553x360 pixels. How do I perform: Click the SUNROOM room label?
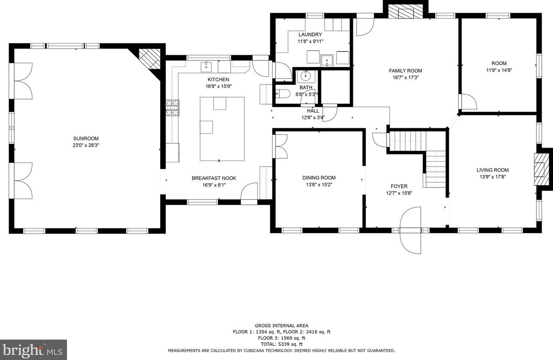[x=86, y=139]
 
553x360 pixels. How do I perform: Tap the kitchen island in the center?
[x=222, y=129]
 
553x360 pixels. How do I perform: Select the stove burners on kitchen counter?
[x=172, y=108]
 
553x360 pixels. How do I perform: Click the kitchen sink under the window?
[x=206, y=67]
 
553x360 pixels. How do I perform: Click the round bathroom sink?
[x=306, y=75]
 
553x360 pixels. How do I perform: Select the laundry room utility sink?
[x=327, y=60]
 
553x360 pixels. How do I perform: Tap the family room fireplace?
[x=405, y=12]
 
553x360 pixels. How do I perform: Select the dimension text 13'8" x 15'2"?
[x=319, y=184]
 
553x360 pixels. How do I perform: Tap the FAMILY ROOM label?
[x=405, y=71]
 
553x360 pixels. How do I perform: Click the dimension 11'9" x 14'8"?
[x=499, y=70]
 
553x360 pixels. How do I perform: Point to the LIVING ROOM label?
[x=492, y=170]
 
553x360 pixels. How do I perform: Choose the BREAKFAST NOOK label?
[x=214, y=178]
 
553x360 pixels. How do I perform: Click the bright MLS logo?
[x=33, y=350]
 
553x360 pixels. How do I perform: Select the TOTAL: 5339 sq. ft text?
[x=281, y=344]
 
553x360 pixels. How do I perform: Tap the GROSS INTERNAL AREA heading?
[x=281, y=326]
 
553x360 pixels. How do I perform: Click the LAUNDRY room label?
[x=310, y=34]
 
